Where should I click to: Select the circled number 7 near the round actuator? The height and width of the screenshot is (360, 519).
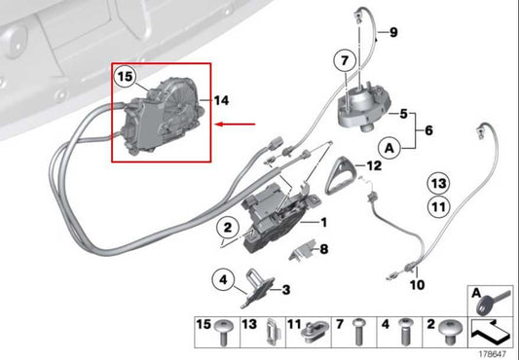(345, 61)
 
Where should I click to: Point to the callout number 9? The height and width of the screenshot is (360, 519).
(393, 33)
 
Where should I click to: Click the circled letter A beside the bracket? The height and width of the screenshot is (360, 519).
(389, 149)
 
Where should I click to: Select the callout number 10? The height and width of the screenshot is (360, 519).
(417, 285)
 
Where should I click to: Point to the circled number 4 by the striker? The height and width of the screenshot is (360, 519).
(223, 282)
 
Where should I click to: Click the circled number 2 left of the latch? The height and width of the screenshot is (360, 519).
(226, 230)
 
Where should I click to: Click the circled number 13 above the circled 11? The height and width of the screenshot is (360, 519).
(439, 183)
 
